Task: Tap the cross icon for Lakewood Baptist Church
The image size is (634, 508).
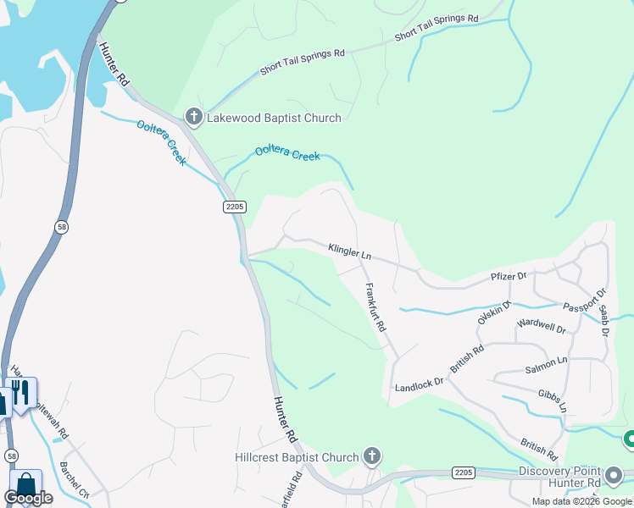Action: coord(193,117)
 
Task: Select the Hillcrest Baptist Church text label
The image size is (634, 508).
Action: coord(297,458)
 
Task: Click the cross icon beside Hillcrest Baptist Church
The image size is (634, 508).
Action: coord(371,457)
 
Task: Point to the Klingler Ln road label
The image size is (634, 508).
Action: coord(349,251)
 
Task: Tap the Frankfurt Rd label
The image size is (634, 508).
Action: coord(375,306)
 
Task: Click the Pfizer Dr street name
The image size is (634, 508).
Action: coord(509,276)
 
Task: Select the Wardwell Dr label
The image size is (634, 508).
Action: coord(541,324)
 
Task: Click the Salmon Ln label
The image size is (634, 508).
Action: coord(546,363)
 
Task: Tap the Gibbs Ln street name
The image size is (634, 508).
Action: coord(552,400)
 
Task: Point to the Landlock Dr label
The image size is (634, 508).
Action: coord(419,384)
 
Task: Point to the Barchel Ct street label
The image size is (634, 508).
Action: coord(75,479)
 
